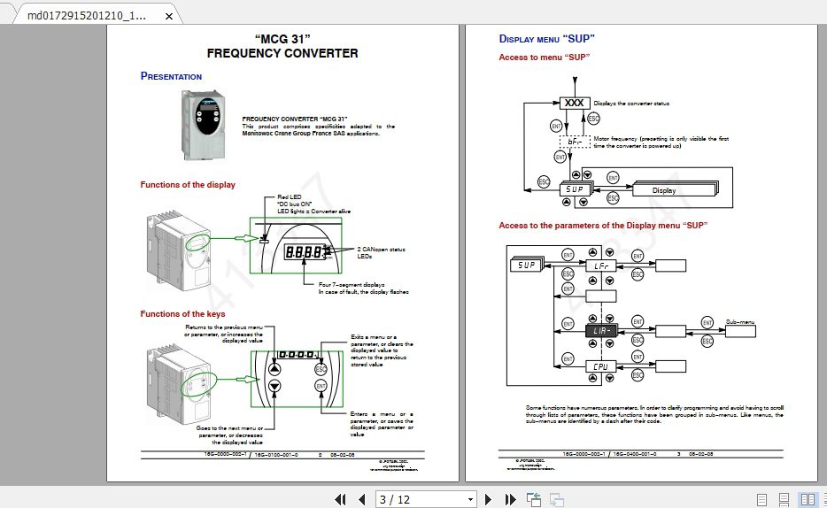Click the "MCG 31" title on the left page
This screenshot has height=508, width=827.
tap(282, 38)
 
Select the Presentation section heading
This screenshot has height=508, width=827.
tap(171, 76)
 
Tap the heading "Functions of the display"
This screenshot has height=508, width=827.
tap(188, 185)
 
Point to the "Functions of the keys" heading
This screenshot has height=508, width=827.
tap(182, 314)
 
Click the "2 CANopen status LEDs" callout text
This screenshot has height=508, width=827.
tap(381, 252)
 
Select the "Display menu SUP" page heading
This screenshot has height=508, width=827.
tap(546, 39)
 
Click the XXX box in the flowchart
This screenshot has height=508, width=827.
tap(575, 104)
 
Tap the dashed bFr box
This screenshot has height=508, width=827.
tap(575, 142)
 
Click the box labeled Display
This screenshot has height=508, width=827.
tap(663, 190)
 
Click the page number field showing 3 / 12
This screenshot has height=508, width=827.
tap(426, 499)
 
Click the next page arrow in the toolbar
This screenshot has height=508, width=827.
tap(488, 499)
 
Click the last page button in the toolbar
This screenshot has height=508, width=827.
tap(509, 499)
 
